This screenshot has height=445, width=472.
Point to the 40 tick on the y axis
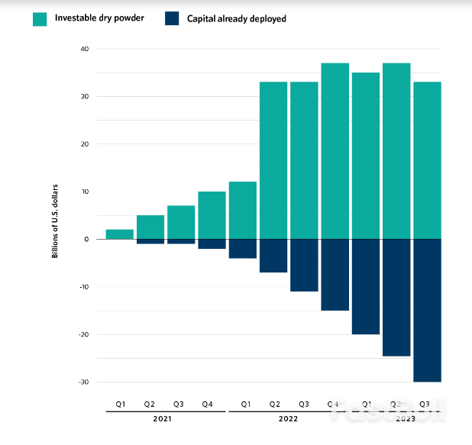tap(84, 50)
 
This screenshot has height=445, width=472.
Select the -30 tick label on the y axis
tap(82, 382)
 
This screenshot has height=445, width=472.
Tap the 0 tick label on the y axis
tap(86, 240)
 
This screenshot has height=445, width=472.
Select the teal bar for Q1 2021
tap(119, 234)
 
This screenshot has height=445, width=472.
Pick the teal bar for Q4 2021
tap(212, 215)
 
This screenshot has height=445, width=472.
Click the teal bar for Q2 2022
tap(273, 160)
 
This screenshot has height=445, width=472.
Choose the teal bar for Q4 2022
tap(335, 151)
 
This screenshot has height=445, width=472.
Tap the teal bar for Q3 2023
tap(427, 160)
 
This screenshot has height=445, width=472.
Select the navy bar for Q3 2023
tap(427, 310)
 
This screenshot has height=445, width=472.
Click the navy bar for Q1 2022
tap(243, 249)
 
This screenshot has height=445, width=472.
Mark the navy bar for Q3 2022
tap(304, 265)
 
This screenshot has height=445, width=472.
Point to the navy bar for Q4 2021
tap(212, 244)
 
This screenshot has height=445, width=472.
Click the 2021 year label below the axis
tap(162, 418)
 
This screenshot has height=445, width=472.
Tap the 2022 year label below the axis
tap(288, 418)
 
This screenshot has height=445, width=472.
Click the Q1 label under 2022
tap(244, 403)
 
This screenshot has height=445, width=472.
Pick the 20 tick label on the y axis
tap(84, 144)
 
